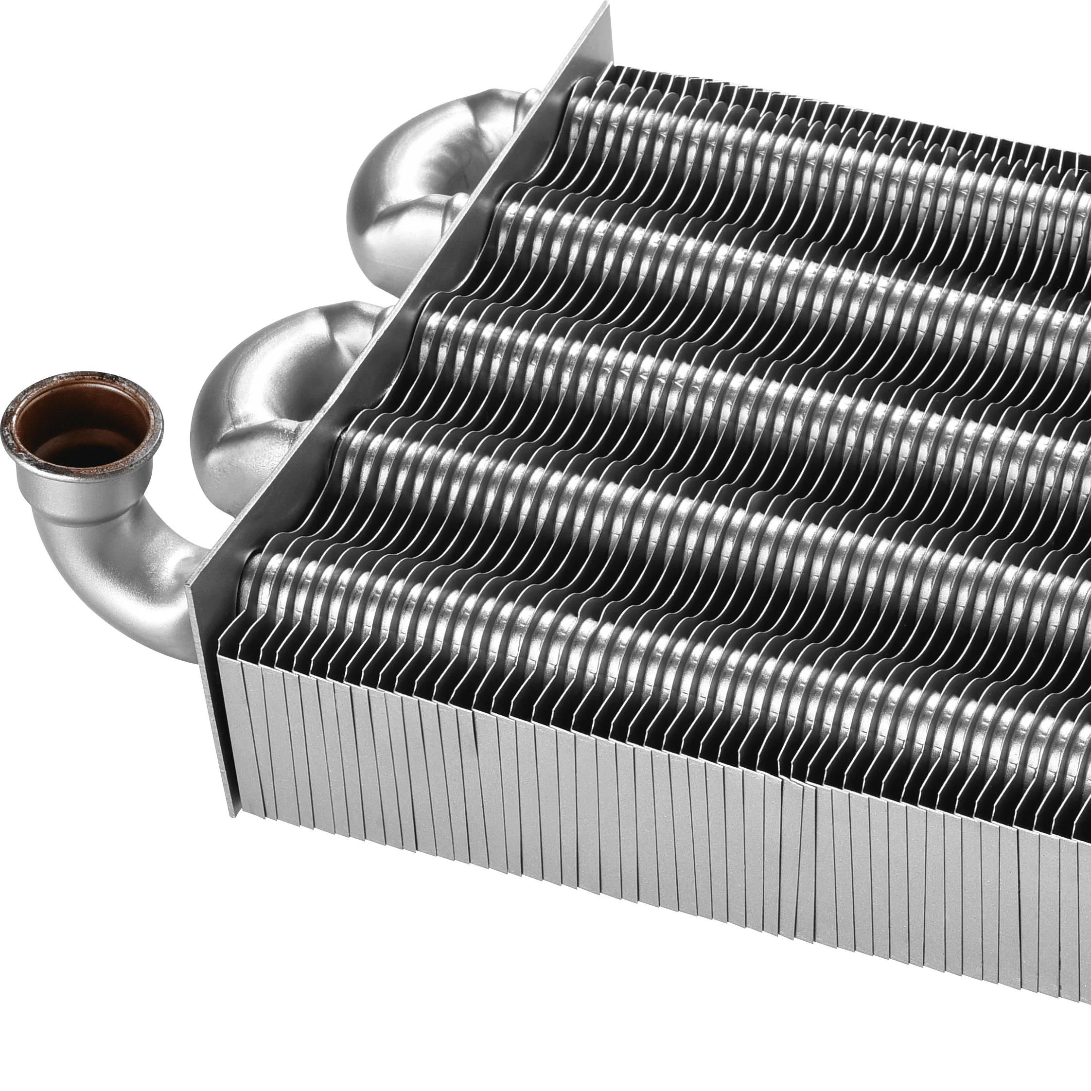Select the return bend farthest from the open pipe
(418, 192)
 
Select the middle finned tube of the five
(706, 395)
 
